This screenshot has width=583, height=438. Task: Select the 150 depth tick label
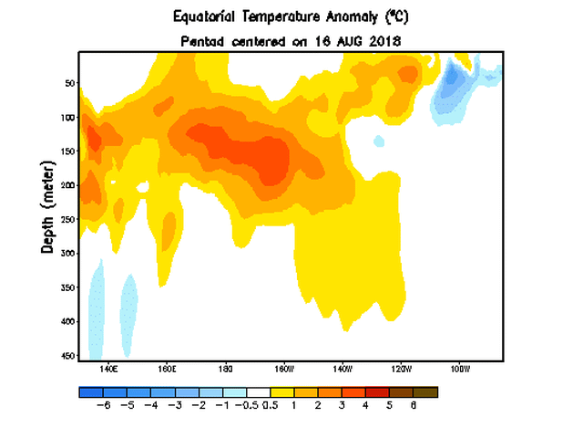pos(66,151)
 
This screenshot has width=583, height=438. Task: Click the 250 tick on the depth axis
pos(66,220)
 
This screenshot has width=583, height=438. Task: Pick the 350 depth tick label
pos(66,288)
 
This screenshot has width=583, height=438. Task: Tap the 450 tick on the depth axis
pos(66,356)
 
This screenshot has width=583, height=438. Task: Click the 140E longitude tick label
pos(108,370)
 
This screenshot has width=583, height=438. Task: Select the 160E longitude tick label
pos(167,370)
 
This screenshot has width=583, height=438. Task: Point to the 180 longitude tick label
pos(225,370)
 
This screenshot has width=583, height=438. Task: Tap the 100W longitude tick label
pos(459,370)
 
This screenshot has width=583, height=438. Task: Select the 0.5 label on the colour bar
pos(270,406)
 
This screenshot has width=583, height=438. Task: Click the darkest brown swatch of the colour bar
pos(426,391)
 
